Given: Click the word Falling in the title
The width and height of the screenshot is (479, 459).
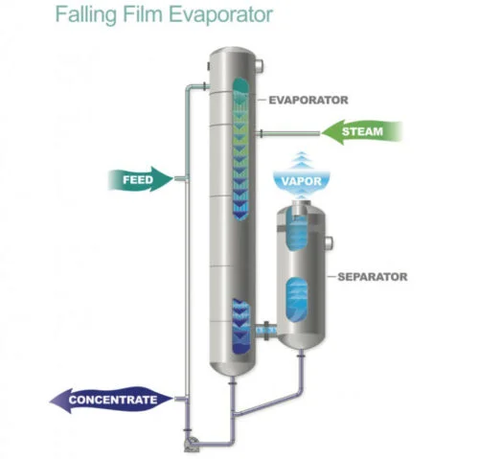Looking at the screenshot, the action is tap(86, 15).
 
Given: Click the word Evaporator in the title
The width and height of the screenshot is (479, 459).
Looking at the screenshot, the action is tap(220, 15).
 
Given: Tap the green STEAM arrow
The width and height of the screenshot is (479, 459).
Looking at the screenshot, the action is tap(361, 131).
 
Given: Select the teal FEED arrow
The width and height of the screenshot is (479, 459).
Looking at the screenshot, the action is tap(141, 179).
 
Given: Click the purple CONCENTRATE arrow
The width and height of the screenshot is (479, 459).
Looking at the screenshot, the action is tap(112, 400).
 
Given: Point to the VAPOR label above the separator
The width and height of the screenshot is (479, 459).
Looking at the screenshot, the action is tap(302, 181).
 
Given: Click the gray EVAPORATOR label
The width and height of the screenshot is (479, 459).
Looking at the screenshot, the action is tap(308, 100).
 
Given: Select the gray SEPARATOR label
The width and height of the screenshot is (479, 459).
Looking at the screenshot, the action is tap(373, 277).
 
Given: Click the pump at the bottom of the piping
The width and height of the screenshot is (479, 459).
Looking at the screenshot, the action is tap(192, 445).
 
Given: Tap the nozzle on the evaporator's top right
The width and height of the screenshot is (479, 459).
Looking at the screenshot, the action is tap(260, 65).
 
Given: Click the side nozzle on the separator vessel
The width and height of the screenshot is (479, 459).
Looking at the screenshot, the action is tap(329, 243).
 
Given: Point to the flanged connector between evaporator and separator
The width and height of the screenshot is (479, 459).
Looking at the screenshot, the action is tap(266, 331).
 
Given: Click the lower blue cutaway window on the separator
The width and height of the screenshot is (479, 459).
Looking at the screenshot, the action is tap(297, 300).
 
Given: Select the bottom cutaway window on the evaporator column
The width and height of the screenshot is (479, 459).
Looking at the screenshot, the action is tap(241, 326).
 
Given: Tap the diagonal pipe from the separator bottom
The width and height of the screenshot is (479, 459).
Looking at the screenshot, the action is tap(268, 404).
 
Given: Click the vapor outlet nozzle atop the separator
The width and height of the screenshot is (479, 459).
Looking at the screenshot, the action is tap(300, 207).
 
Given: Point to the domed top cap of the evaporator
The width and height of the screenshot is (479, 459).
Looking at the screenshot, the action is tap(232, 55).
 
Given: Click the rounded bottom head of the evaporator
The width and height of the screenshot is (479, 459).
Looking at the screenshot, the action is tap(232, 367).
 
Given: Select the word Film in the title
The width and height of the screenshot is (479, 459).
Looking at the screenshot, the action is tap(143, 15).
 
